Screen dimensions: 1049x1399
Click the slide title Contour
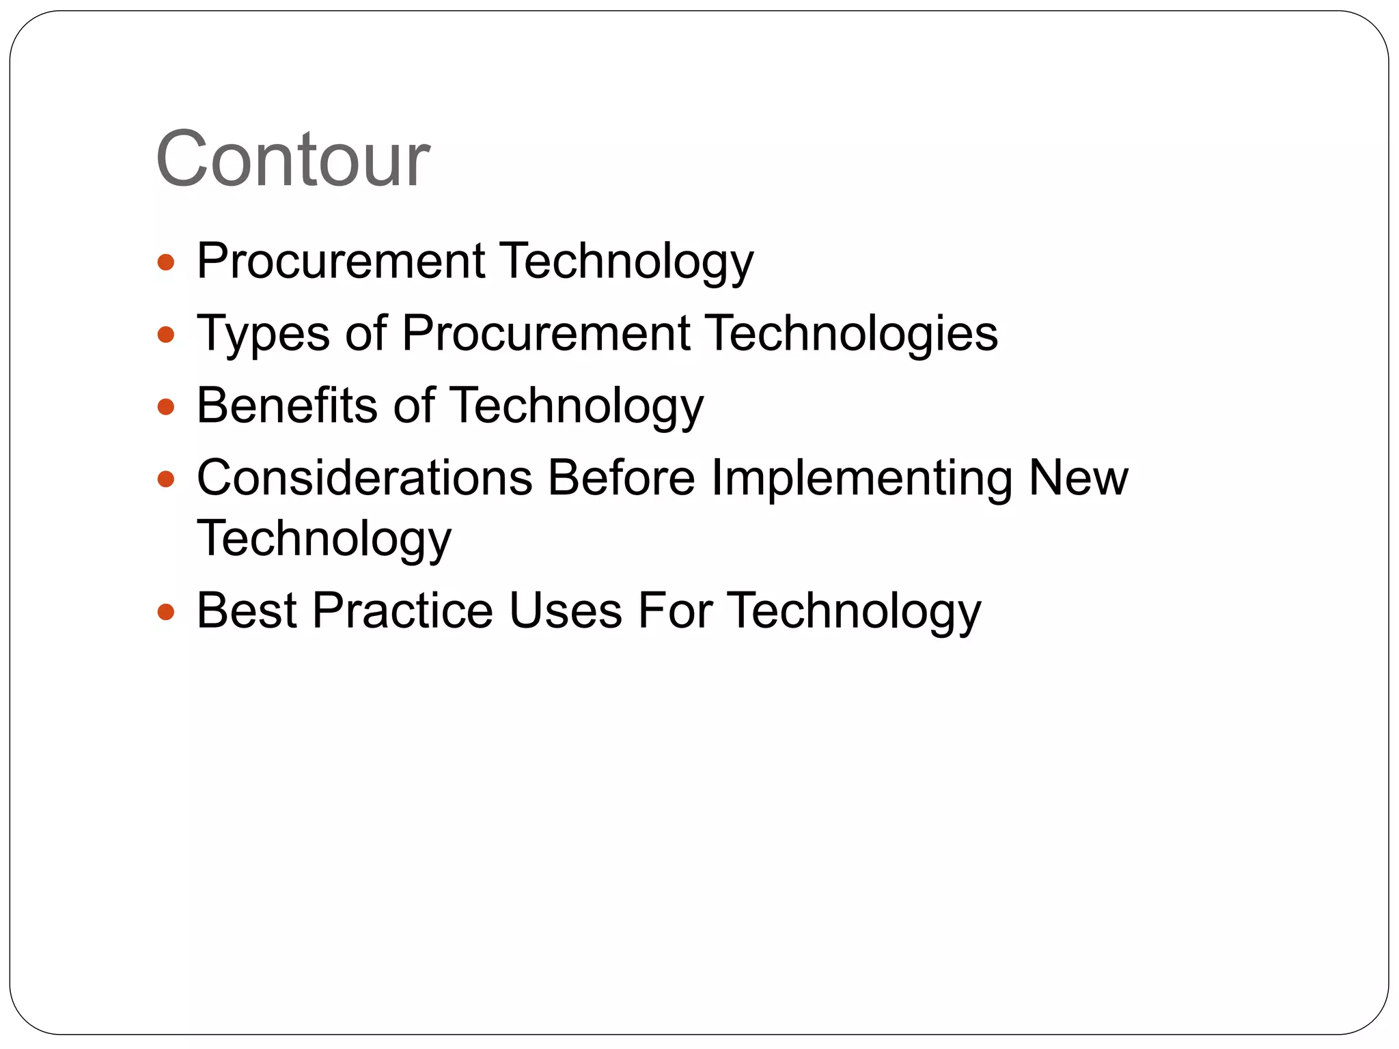(x=292, y=159)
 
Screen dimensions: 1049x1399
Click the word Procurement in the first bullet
(x=341, y=261)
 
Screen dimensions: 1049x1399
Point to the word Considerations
(x=364, y=477)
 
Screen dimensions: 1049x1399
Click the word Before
(x=622, y=477)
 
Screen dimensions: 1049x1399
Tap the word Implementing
(x=861, y=479)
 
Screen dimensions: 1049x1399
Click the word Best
(x=246, y=611)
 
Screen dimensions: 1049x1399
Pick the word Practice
(x=402, y=611)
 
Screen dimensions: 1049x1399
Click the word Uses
(x=565, y=611)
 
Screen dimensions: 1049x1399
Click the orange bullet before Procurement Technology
(x=166, y=262)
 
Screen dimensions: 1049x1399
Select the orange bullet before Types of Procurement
(x=166, y=335)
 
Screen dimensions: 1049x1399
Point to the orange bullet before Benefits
(x=166, y=408)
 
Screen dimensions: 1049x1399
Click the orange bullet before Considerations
(x=166, y=479)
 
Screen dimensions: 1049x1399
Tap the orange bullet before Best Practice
(x=166, y=612)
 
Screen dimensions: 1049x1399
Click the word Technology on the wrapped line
(x=324, y=540)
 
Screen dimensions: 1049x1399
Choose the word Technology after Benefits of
(x=576, y=406)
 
